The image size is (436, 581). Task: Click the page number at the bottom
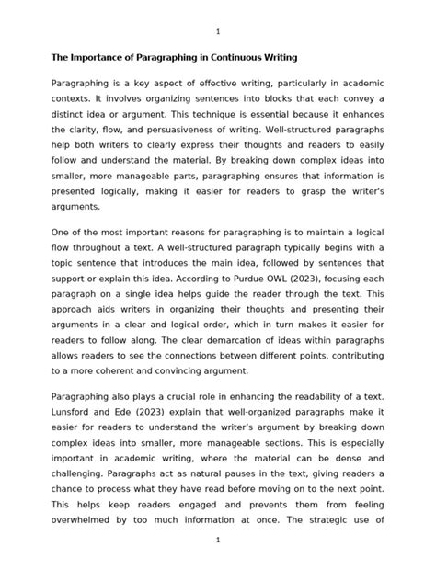tap(218, 566)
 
